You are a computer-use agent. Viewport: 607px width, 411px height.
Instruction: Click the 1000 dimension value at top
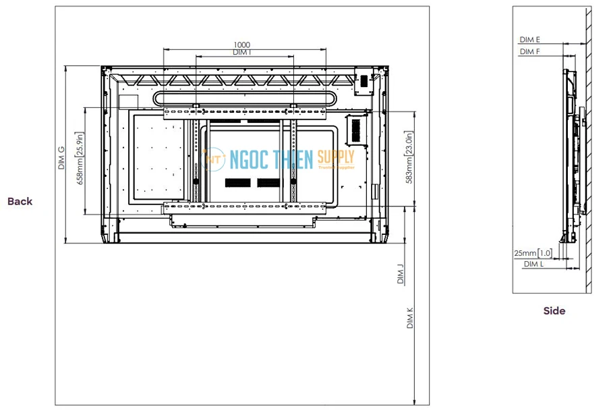(241, 45)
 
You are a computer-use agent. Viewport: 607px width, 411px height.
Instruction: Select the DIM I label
(241, 53)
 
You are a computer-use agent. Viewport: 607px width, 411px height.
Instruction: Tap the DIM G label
(61, 158)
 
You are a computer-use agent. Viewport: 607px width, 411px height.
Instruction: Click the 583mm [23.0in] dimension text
(409, 158)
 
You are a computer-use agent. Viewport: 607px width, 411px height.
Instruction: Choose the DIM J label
(401, 274)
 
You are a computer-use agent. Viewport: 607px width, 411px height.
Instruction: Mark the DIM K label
(409, 318)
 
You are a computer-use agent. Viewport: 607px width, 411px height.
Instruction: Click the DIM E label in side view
(529, 40)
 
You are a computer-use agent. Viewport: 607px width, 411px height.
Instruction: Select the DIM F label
(529, 51)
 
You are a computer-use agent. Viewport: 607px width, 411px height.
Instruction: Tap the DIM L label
(533, 265)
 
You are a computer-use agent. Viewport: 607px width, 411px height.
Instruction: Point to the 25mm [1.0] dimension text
(533, 253)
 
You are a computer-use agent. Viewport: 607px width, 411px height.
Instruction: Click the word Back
(20, 201)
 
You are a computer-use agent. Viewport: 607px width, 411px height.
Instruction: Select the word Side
(554, 311)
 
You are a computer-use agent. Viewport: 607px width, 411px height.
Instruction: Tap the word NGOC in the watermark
(250, 159)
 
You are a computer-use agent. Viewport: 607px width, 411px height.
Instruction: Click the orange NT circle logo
(215, 160)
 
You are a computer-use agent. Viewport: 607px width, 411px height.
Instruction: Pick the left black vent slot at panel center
(237, 183)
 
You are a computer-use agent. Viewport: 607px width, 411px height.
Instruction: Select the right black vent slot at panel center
(268, 183)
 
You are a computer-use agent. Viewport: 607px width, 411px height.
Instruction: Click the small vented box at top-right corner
(363, 80)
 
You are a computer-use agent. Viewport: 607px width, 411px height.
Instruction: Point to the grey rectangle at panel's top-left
(127, 100)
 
